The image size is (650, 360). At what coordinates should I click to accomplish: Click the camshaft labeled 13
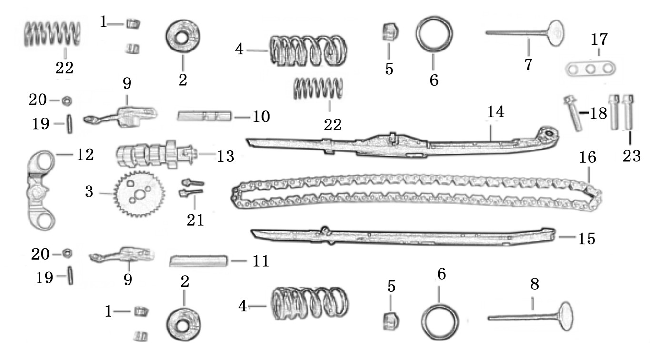[x=152, y=154]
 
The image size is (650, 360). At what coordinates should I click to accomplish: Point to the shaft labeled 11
[x=198, y=260]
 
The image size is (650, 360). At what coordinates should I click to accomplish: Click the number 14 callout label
[x=495, y=112]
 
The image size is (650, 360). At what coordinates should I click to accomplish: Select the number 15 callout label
[x=586, y=238]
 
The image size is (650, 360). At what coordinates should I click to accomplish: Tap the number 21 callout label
[x=195, y=220]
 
